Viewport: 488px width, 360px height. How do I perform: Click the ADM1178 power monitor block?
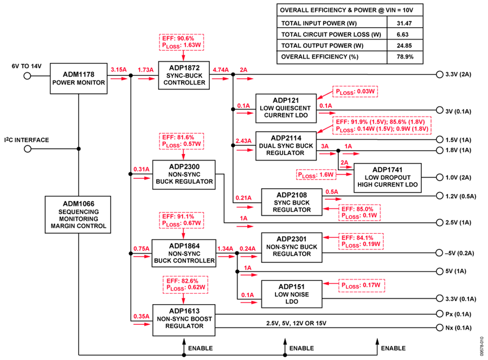[x=79, y=79]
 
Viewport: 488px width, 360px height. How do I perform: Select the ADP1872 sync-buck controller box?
[x=184, y=75]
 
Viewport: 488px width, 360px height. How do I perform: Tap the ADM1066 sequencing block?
[x=78, y=215]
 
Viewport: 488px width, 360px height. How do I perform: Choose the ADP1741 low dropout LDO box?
[x=388, y=178]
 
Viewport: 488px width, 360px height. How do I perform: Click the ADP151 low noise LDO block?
[x=292, y=294]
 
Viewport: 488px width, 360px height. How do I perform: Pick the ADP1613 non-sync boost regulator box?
[x=184, y=320]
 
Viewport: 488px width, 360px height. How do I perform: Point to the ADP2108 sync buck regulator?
[x=292, y=202]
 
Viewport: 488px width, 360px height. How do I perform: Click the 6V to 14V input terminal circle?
[x=28, y=75]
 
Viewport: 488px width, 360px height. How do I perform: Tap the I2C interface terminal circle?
[x=28, y=149]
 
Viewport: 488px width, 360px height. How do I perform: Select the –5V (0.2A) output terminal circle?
[x=439, y=253]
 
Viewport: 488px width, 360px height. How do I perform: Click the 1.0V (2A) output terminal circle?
[x=439, y=177]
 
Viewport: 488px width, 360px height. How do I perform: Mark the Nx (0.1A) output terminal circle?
[x=439, y=327]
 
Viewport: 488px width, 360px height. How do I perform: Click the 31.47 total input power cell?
[x=404, y=23]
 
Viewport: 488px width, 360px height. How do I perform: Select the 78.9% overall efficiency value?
[x=405, y=57]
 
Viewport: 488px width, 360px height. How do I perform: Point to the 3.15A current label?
[x=119, y=70]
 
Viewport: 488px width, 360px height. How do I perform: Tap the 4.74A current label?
[x=221, y=70]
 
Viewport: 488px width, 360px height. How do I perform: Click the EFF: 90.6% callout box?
[x=182, y=42]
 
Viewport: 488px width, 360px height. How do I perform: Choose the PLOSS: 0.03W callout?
[x=355, y=92]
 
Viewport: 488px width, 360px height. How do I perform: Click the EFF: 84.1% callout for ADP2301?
[x=361, y=241]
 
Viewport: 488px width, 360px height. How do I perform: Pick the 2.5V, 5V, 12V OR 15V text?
[x=296, y=323]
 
